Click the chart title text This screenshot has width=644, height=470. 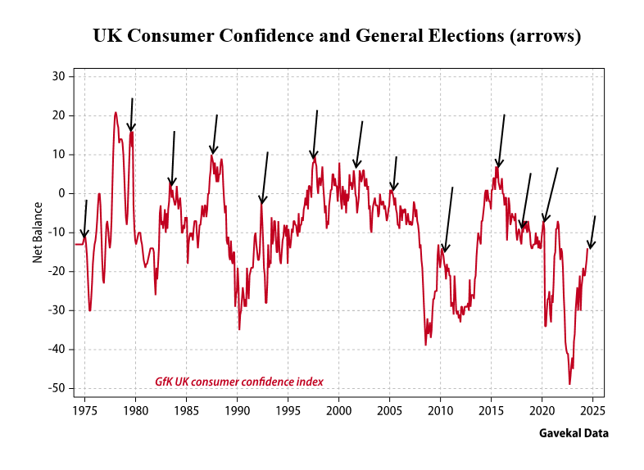coord(337,37)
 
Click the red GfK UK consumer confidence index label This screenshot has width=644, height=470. coord(239,382)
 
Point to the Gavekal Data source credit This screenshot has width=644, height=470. coord(574,433)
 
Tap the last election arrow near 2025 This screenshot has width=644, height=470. coord(592,233)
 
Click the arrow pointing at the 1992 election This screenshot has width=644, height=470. coord(264,178)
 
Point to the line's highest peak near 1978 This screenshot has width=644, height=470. coord(116,112)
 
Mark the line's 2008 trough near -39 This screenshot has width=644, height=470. coord(425,344)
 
